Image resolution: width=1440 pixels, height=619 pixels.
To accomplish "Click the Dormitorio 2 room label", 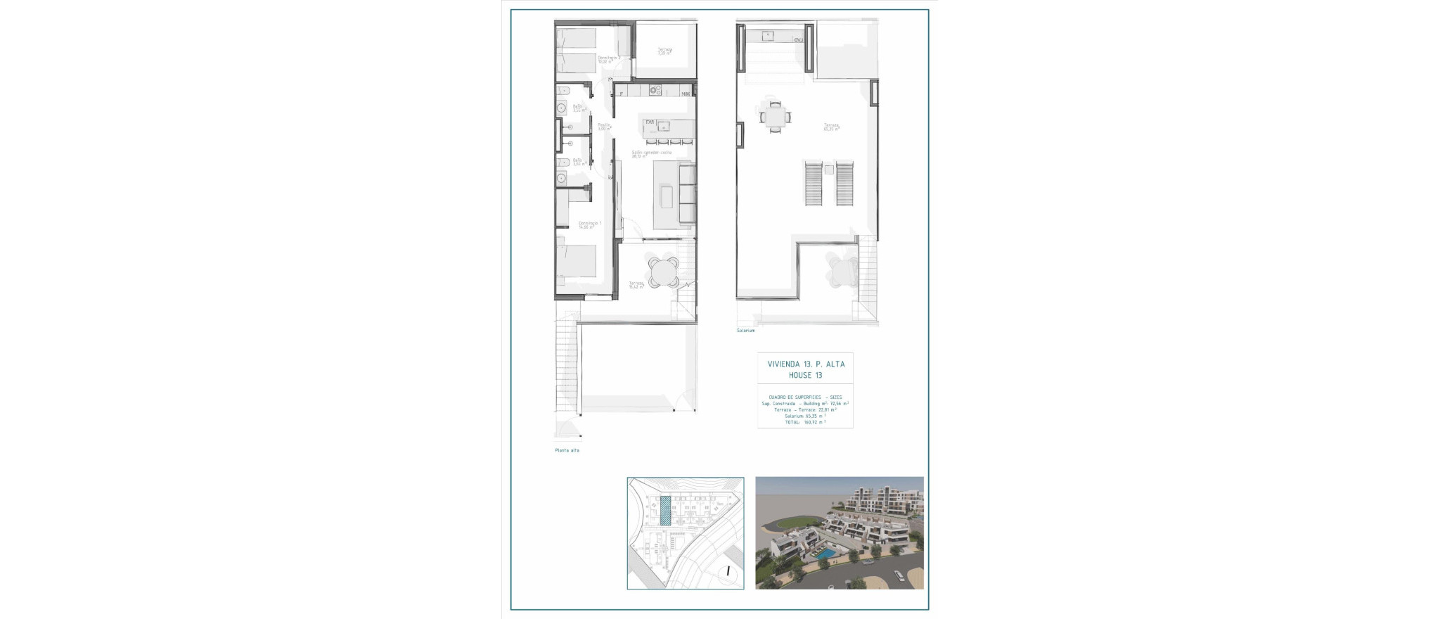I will click(x=607, y=59).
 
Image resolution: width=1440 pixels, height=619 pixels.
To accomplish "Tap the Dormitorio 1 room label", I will click(x=589, y=225).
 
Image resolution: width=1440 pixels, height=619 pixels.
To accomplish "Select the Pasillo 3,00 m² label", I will click(x=604, y=127).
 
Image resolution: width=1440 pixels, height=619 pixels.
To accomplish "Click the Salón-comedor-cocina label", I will click(x=651, y=154).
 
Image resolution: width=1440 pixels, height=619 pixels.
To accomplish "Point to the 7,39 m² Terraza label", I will click(x=664, y=51).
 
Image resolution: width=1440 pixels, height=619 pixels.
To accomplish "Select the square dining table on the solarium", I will click(x=775, y=116).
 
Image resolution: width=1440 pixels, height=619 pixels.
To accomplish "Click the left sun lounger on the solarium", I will click(x=813, y=183).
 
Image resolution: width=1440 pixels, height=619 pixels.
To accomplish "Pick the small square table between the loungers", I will click(x=829, y=170).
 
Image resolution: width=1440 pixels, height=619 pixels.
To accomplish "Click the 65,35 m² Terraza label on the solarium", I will click(x=831, y=127).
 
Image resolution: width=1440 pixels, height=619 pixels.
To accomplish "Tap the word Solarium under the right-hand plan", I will click(x=745, y=331).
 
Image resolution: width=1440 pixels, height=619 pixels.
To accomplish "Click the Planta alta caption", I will click(x=567, y=450).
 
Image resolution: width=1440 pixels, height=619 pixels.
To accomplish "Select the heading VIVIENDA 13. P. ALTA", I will click(x=806, y=364).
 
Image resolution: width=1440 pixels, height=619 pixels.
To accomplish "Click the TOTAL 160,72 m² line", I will click(x=805, y=422).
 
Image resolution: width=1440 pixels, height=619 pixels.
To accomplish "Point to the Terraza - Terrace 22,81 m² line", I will click(x=805, y=409).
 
